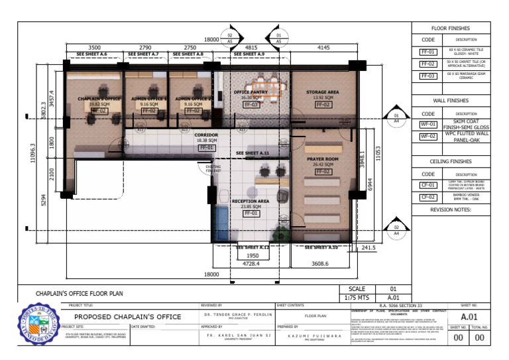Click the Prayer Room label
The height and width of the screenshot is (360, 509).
(x=323, y=159)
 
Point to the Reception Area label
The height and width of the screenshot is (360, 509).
(x=250, y=200)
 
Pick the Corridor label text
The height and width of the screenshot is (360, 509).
(x=207, y=135)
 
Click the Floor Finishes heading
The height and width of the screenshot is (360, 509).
(x=451, y=29)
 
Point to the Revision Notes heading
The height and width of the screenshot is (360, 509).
(x=451, y=209)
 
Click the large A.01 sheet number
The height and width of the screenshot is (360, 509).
(x=470, y=316)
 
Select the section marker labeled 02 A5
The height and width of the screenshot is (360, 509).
(x=231, y=37)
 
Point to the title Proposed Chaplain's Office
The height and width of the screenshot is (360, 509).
(x=127, y=317)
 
